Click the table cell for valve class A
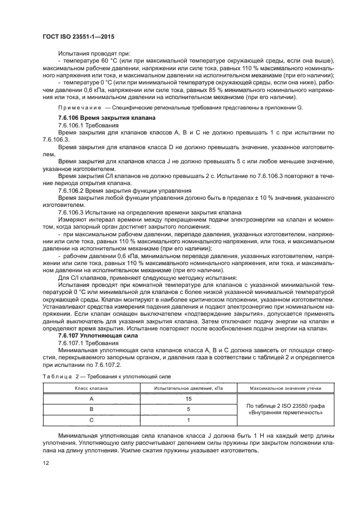[91, 399]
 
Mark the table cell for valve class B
[91, 409]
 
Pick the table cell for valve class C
[91, 420]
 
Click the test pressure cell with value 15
[188, 399]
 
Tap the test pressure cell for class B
[188, 409]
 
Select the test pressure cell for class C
[188, 420]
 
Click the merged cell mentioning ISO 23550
[284, 409]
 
